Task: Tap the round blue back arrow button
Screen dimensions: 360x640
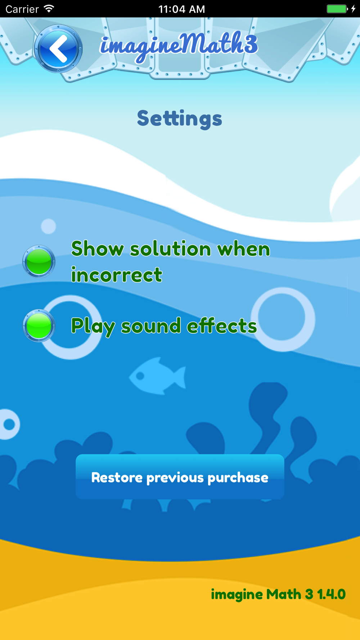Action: click(58, 49)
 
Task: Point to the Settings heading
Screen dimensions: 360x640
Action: click(179, 119)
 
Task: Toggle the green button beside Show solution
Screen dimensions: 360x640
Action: click(39, 261)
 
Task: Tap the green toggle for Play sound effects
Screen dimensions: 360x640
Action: click(39, 326)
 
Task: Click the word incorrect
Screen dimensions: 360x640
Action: click(117, 275)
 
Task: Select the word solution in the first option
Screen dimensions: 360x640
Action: click(171, 249)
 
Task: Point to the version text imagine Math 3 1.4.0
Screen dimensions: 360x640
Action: click(278, 594)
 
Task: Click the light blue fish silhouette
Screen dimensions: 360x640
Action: click(158, 376)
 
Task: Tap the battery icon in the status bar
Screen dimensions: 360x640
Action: click(337, 9)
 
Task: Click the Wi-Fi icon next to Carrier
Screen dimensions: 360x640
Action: click(49, 9)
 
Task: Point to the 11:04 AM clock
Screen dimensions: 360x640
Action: click(182, 9)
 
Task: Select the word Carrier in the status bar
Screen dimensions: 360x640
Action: click(22, 9)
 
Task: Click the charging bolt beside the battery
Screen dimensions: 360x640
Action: click(354, 9)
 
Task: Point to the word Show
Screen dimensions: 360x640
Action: click(98, 249)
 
